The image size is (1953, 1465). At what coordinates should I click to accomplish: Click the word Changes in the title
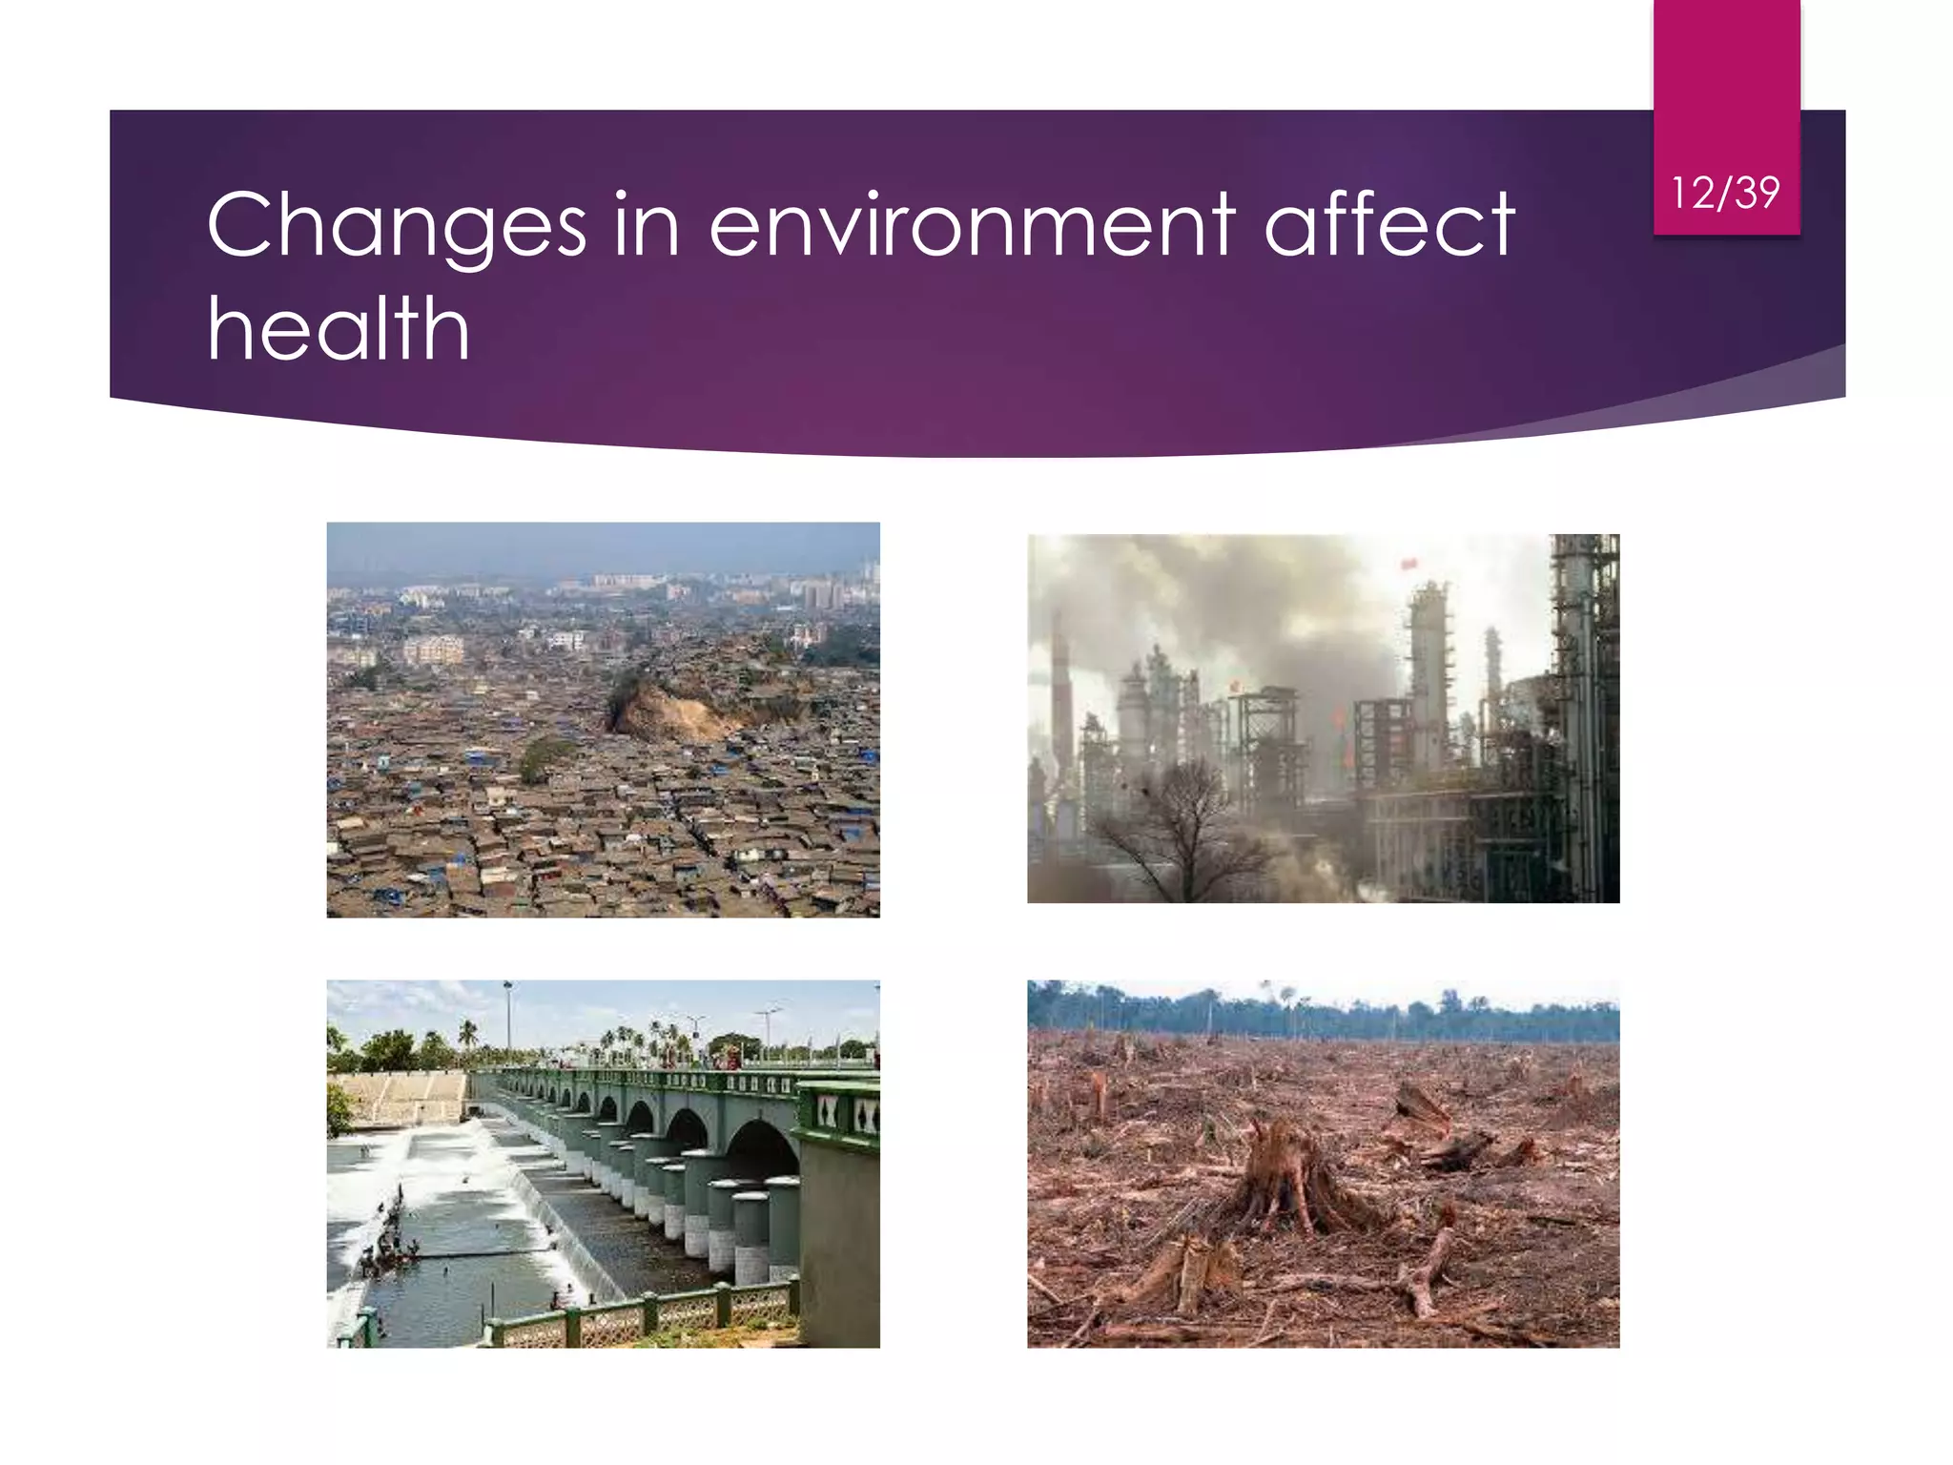396,227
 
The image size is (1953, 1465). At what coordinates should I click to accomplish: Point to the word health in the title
339,329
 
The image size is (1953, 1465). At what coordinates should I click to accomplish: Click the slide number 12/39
1725,193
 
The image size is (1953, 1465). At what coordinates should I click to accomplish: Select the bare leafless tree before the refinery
1182,825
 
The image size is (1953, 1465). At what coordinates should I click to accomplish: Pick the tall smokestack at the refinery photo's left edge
1059,696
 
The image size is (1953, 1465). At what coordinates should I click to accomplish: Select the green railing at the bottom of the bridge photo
648,1314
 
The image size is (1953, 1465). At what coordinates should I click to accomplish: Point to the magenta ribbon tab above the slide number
1726,76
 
